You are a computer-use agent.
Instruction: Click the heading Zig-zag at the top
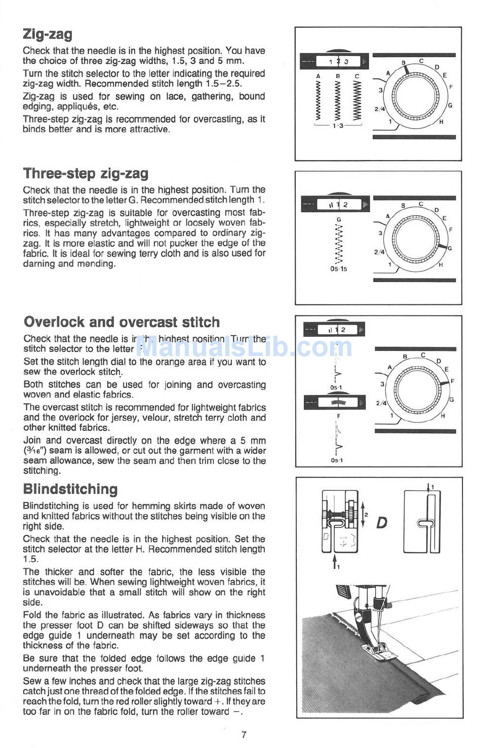pyautogui.click(x=48, y=34)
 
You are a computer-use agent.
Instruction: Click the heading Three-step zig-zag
pyautogui.click(x=86, y=174)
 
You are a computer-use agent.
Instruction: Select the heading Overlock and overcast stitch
pyautogui.click(x=122, y=322)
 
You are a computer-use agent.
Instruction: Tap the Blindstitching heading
pyautogui.click(x=70, y=489)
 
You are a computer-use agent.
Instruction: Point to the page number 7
pyautogui.click(x=244, y=734)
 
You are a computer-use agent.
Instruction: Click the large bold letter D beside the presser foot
pyautogui.click(x=381, y=523)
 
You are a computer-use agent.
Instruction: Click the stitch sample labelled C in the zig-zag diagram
pyautogui.click(x=357, y=100)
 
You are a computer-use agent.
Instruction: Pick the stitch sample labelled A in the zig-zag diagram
pyautogui.click(x=318, y=100)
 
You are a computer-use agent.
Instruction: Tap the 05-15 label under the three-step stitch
pyautogui.click(x=339, y=269)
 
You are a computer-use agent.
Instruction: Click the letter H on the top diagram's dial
pyautogui.click(x=442, y=122)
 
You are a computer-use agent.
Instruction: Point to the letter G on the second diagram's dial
pyautogui.click(x=450, y=248)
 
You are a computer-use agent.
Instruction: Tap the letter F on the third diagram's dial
pyautogui.click(x=453, y=381)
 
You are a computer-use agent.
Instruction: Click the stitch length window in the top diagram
pyautogui.click(x=338, y=62)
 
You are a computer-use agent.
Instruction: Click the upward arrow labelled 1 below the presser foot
pyautogui.click(x=334, y=561)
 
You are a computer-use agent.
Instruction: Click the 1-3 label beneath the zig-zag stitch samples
pyautogui.click(x=338, y=126)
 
